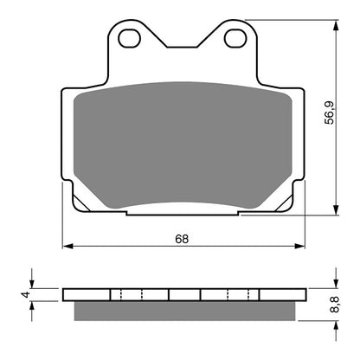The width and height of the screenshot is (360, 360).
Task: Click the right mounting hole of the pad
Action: pos(232,39)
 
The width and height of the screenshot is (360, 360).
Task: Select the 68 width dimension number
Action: pos(183,239)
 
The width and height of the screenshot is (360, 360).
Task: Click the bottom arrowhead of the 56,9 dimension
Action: pos(336,210)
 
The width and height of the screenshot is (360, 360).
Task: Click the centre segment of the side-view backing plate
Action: pos(183,294)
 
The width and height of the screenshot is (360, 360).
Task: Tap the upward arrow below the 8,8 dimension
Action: pos(336,322)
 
